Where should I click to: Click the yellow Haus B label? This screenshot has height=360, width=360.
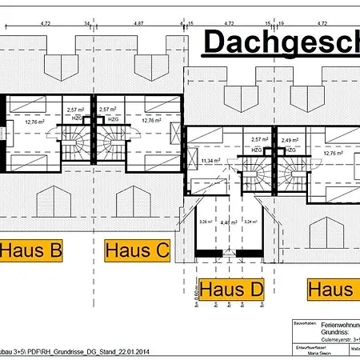pos(30,251)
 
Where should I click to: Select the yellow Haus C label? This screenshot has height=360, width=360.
pos(137,251)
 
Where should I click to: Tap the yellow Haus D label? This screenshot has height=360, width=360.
pos(231,289)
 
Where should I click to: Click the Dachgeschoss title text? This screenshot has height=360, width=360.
pos(279,42)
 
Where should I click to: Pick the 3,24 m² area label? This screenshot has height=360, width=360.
pos(248,222)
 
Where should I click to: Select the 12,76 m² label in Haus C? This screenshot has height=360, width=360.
pos(152,121)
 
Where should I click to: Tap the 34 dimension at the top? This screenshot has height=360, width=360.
pos(85,24)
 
